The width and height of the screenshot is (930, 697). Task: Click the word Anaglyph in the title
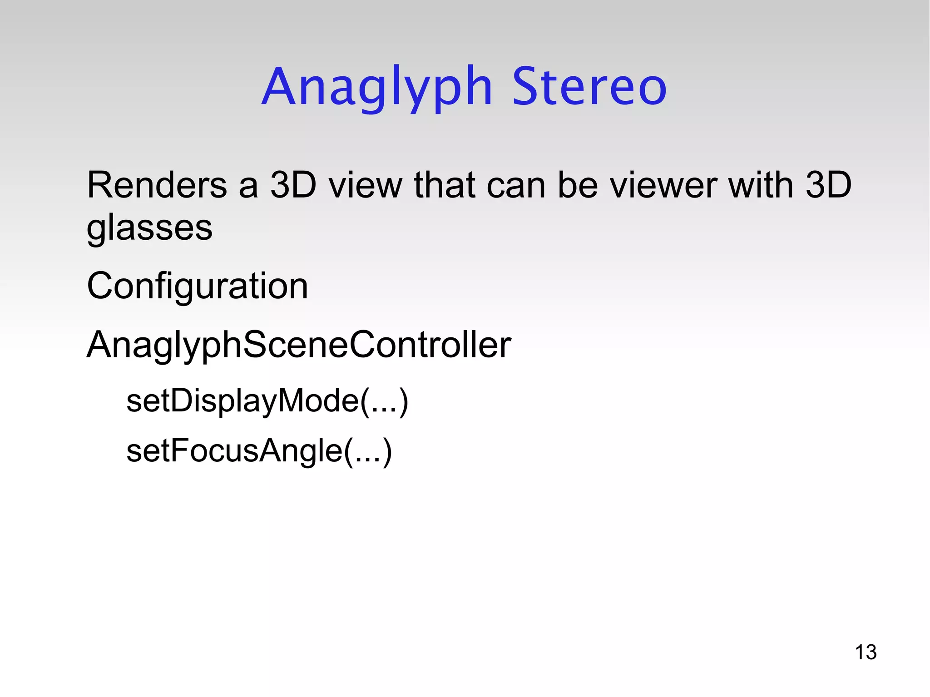(x=377, y=87)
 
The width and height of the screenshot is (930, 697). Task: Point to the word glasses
(x=149, y=228)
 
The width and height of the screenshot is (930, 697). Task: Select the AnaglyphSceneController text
(x=299, y=345)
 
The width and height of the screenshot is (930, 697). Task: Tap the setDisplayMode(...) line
(x=267, y=401)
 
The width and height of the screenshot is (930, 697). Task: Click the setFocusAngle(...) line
(x=259, y=451)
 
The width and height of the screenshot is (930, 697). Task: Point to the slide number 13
(x=865, y=653)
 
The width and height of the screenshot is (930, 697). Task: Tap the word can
(x=516, y=186)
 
